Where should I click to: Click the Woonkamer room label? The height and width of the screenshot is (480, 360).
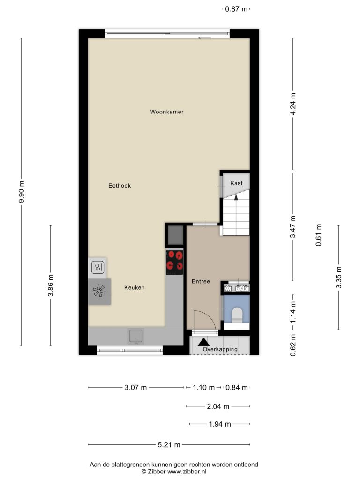point(167,112)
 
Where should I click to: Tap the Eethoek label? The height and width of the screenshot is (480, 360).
point(120,186)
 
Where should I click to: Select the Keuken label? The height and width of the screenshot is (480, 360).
point(135,287)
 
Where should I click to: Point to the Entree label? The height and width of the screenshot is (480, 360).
point(201,281)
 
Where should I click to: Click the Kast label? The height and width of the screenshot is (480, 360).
point(236,183)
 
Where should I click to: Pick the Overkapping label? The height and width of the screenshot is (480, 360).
point(220,349)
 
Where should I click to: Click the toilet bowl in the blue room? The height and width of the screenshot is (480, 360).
point(237,315)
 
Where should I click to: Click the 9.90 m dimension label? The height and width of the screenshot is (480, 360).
point(22,192)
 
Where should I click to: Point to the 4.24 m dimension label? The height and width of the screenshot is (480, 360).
point(293,104)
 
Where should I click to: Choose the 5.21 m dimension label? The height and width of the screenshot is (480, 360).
point(169,445)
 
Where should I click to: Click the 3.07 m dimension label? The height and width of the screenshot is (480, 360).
point(135,388)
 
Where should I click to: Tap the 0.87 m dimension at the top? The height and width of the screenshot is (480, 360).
point(236,9)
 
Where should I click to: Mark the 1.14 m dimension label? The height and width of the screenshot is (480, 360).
point(293,312)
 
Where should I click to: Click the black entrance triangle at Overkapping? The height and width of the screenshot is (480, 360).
point(203,342)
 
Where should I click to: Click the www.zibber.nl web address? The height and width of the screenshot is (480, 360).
point(187,472)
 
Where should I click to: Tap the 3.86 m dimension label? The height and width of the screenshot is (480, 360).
point(51,285)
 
